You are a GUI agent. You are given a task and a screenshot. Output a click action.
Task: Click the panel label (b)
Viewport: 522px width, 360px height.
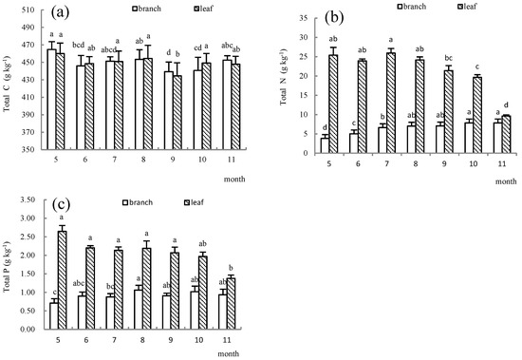(334, 17)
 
